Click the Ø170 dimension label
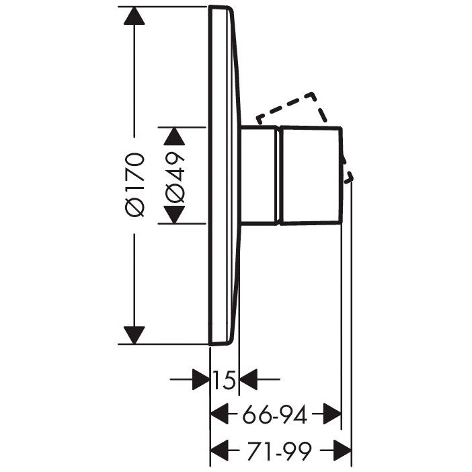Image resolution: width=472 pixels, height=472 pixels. pyautogui.click(x=134, y=184)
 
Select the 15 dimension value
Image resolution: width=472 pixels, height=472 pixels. pyautogui.click(x=224, y=380)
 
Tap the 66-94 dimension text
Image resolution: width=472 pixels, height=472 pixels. pyautogui.click(x=275, y=414)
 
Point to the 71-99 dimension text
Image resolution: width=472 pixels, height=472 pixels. pyautogui.click(x=279, y=451)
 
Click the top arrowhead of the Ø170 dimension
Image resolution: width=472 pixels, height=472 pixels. pyautogui.click(x=134, y=15)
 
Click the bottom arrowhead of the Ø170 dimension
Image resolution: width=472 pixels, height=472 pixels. pyautogui.click(x=134, y=335)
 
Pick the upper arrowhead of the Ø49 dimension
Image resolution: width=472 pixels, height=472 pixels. pyautogui.click(x=174, y=136)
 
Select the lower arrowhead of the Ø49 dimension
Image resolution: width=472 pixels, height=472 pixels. pyautogui.click(x=174, y=214)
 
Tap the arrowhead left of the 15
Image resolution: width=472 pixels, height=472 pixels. pyautogui.click(x=201, y=379)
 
